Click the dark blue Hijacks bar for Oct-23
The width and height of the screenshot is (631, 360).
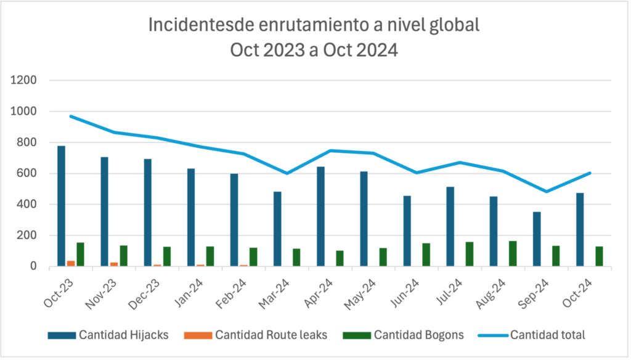click(61, 206)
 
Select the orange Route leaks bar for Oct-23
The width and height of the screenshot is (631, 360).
click(71, 263)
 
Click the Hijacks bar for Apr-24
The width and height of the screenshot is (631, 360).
click(321, 216)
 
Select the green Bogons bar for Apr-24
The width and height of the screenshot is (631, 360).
click(340, 258)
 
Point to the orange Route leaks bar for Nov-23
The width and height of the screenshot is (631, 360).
click(114, 264)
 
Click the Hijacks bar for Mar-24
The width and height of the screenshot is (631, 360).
click(277, 229)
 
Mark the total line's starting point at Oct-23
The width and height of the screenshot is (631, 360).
click(71, 116)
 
